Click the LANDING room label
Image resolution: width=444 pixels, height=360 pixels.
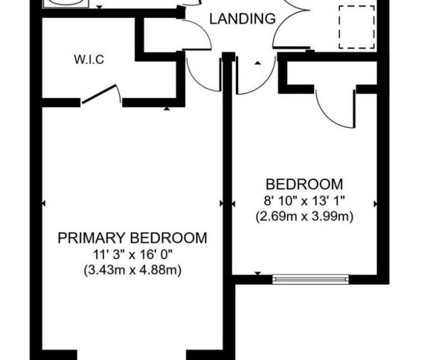pyautogui.click(x=242, y=18)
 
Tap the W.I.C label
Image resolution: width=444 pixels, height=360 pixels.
pyautogui.click(x=89, y=59)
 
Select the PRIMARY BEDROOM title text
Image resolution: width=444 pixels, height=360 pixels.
pyautogui.click(x=132, y=238)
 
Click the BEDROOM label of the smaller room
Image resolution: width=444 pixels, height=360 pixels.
pyautogui.click(x=304, y=184)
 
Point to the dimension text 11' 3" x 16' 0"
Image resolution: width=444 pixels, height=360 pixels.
pyautogui.click(x=133, y=255)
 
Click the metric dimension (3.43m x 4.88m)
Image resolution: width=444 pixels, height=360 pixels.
pyautogui.click(x=133, y=270)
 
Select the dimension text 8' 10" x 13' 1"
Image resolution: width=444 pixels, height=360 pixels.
pyautogui.click(x=304, y=201)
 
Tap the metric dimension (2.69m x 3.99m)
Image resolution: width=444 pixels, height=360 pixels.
pyautogui.click(x=304, y=216)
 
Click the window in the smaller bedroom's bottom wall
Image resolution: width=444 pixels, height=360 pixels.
pyautogui.click(x=310, y=279)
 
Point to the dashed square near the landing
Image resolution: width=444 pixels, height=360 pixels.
pyautogui.click(x=356, y=27)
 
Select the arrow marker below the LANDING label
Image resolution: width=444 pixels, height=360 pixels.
pyautogui.click(x=257, y=63)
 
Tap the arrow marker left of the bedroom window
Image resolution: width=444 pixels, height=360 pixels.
pyautogui.click(x=258, y=273)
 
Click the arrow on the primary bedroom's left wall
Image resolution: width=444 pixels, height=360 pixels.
pyautogui.click(x=44, y=203)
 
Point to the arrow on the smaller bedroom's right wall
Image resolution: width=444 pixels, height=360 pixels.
pyautogui.click(x=375, y=203)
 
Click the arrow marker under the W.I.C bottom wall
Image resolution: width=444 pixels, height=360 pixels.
pyautogui.click(x=167, y=108)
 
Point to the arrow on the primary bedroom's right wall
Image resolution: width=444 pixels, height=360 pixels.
pyautogui.click(x=222, y=203)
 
